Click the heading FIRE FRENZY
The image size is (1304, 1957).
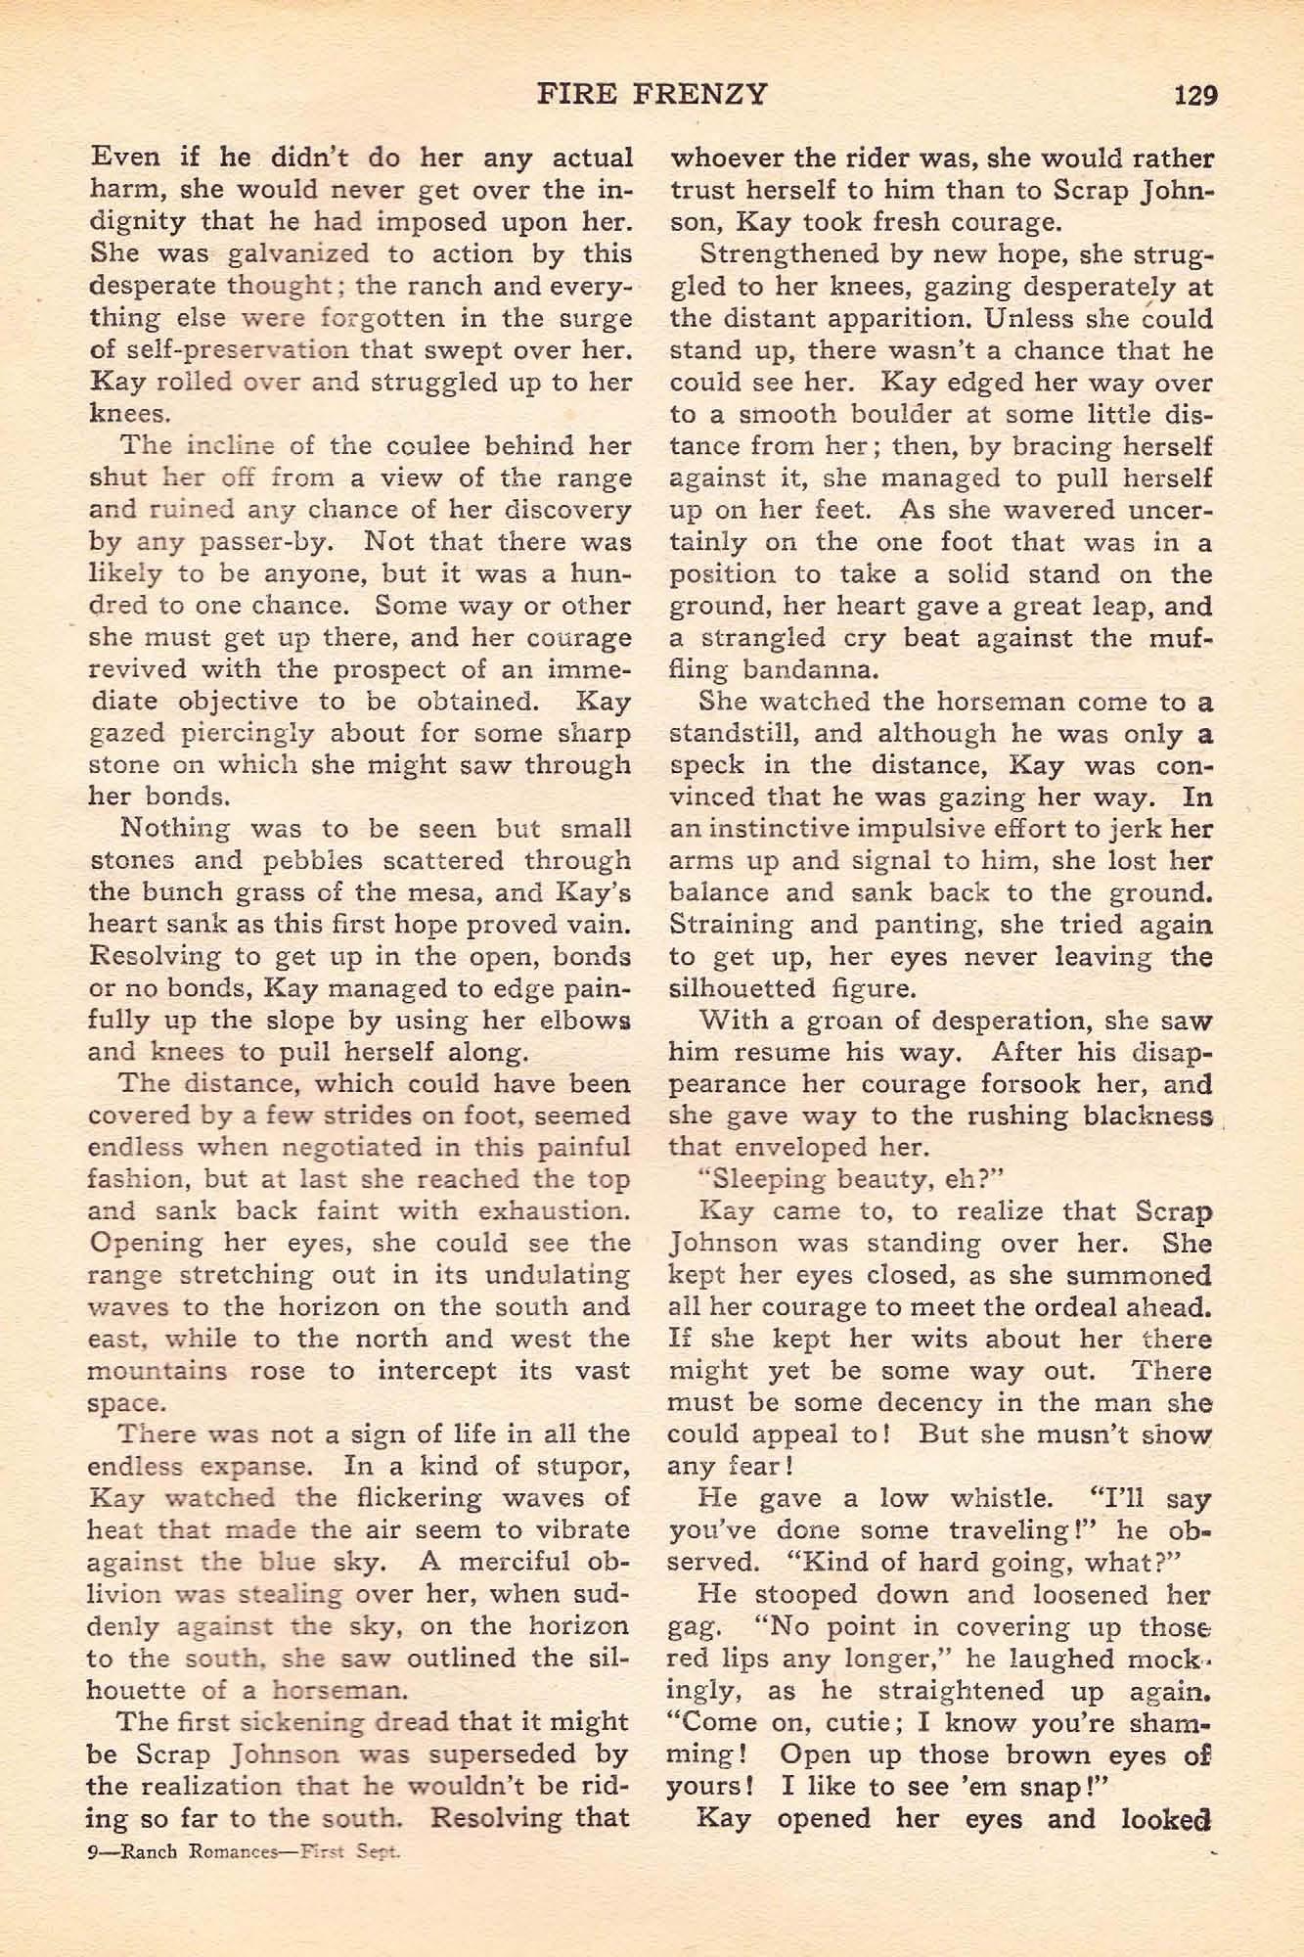[x=652, y=94]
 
